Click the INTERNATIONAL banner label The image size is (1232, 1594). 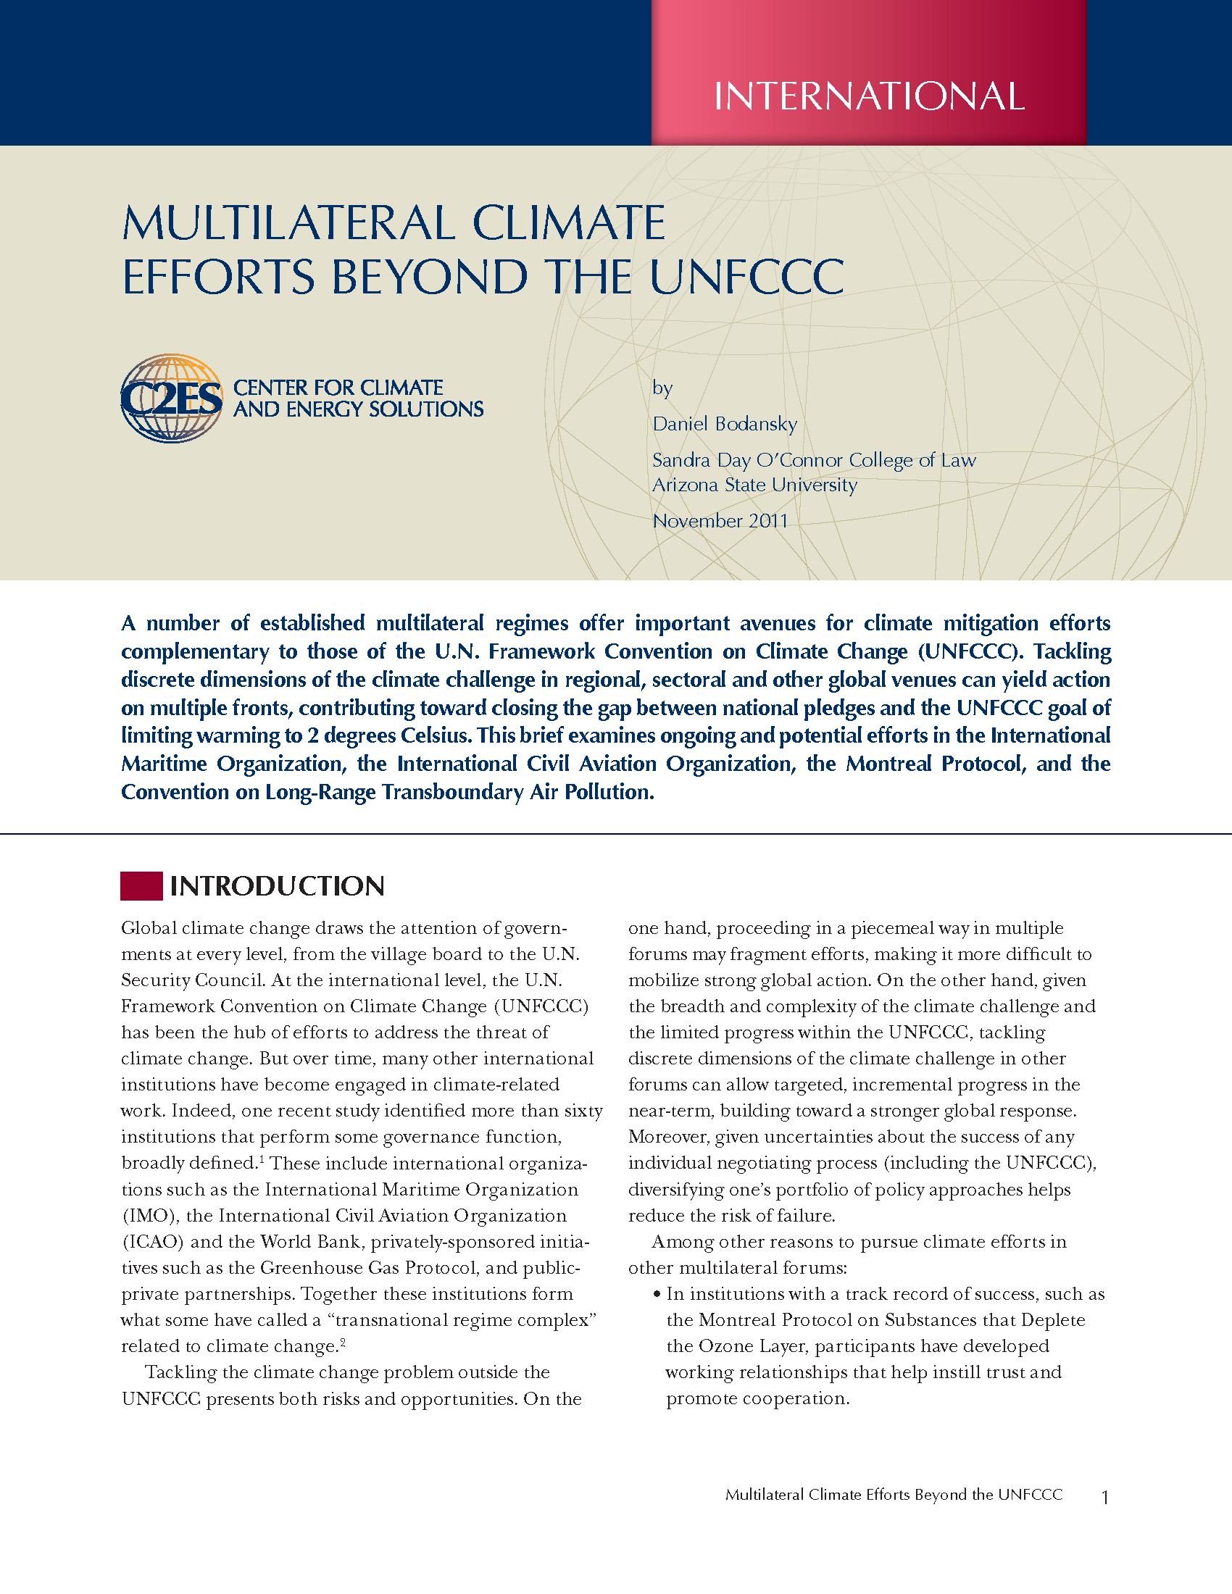pyautogui.click(x=868, y=96)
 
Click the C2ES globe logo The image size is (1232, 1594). pyautogui.click(x=172, y=398)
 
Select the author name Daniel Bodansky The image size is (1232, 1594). pyautogui.click(x=724, y=424)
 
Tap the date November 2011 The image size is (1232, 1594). pyautogui.click(x=720, y=521)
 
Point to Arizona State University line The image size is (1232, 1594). pyautogui.click(x=754, y=485)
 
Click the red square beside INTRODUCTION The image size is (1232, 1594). pyautogui.click(x=141, y=885)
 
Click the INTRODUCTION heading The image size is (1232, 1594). pyautogui.click(x=277, y=886)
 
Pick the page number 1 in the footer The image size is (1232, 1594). pyautogui.click(x=1105, y=1498)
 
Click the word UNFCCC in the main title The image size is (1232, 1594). pyautogui.click(x=746, y=278)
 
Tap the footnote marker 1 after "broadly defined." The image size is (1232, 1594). pyautogui.click(x=262, y=1159)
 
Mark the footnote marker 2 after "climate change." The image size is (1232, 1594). pyautogui.click(x=343, y=1341)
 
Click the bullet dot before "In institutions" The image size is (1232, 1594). pyautogui.click(x=657, y=1295)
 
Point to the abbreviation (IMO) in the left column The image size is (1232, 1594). pyautogui.click(x=149, y=1216)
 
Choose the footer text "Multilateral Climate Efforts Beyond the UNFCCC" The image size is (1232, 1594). pyautogui.click(x=894, y=1495)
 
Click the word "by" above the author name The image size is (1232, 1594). pyautogui.click(x=662, y=388)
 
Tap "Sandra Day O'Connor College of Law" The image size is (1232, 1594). pyautogui.click(x=814, y=461)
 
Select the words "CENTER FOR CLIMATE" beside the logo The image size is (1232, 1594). pyautogui.click(x=338, y=388)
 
